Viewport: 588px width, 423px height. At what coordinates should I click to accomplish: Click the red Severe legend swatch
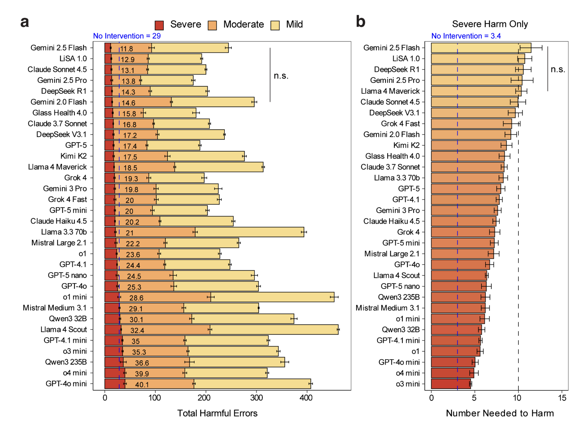159,25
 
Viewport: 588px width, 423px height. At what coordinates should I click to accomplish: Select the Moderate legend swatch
212,25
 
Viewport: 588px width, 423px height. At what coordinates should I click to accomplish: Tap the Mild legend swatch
275,25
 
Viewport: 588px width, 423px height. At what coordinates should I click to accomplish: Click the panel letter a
25,22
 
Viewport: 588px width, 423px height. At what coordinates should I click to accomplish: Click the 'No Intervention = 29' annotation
127,36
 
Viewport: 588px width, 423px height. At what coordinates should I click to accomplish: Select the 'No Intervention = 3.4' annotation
466,36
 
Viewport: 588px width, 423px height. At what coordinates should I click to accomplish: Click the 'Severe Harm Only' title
490,24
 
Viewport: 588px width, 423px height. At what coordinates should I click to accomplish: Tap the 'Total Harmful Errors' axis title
217,413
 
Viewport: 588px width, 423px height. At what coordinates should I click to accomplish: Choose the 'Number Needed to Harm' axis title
500,413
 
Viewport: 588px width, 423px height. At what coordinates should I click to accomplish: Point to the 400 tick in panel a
306,398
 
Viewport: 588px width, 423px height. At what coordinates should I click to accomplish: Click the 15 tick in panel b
562,398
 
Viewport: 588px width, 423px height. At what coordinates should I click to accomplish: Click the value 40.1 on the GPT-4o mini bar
142,385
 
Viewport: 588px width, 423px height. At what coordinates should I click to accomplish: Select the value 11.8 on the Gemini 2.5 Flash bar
126,49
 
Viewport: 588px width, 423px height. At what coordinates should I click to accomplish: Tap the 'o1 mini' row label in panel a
75,297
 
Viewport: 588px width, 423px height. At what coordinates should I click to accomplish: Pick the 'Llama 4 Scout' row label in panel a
64,329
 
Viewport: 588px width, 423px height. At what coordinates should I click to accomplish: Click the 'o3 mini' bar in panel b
451,384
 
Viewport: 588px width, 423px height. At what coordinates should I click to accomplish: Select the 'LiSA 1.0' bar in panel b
478,59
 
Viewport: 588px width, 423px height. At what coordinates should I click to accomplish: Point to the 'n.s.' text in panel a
281,76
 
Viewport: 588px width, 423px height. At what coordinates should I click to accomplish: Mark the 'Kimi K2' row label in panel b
406,145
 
